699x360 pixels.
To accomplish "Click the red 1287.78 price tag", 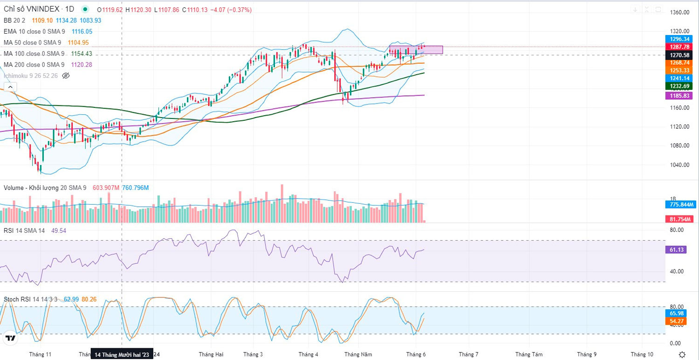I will [680, 47].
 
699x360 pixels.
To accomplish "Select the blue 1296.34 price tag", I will [680, 39].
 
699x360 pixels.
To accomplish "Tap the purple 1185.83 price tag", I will [680, 95].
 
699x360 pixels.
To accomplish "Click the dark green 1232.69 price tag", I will [680, 86].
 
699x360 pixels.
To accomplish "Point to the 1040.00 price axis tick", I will [679, 165].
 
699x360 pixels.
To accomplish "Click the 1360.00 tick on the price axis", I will [679, 13].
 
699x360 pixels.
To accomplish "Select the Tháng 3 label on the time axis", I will [254, 354].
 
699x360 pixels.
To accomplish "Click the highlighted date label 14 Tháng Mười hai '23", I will [122, 355].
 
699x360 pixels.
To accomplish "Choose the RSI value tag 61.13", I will [677, 250].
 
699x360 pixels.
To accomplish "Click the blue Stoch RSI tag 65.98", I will [677, 313].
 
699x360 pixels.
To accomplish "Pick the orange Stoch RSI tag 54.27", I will [677, 321].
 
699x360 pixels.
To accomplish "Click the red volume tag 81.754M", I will [680, 219].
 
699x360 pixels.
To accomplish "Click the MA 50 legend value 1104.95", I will [78, 42].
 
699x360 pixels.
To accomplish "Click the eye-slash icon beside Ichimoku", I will [66, 76].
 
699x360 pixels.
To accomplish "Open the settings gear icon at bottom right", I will [682, 355].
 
